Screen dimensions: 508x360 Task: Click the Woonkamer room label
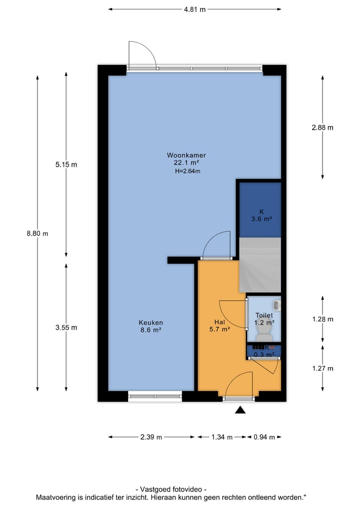coord(186,155)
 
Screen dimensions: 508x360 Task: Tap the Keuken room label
coord(151,323)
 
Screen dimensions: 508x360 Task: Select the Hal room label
coord(219,322)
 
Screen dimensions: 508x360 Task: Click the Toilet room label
coord(263,316)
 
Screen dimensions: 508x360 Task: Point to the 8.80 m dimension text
coord(37,233)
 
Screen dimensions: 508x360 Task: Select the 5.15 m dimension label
coord(66,164)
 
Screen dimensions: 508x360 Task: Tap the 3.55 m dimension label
coord(66,328)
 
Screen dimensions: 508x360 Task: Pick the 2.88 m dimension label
coord(322,127)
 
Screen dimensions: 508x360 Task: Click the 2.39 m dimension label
coord(151,437)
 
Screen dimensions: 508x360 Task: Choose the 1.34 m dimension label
coord(221,437)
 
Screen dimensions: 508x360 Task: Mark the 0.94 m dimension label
coord(264,437)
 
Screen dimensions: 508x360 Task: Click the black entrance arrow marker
coord(240,410)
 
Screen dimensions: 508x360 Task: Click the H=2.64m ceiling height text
coord(187,171)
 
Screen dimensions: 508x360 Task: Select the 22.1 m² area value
coord(186,162)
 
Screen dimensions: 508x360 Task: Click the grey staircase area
coord(259,265)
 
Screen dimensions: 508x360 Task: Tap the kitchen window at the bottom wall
coord(154,397)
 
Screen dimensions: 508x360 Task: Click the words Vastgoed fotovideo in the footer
coord(170,490)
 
